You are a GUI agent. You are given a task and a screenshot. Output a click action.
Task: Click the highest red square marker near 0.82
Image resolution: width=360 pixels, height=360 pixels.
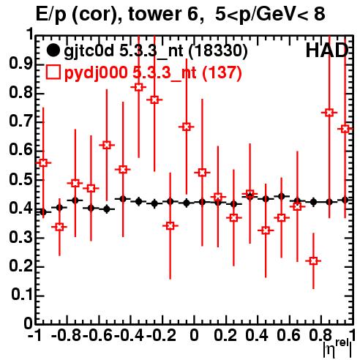tap(138, 87)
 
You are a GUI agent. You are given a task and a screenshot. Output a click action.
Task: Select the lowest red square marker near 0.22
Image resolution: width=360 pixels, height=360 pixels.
tap(313, 260)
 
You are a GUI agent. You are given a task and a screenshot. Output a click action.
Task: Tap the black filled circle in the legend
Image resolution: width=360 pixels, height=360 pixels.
tap(53, 50)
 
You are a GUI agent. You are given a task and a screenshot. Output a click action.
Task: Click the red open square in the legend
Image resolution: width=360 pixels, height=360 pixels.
tap(53, 72)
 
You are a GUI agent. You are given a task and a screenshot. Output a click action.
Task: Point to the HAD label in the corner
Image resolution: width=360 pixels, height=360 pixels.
tap(327, 50)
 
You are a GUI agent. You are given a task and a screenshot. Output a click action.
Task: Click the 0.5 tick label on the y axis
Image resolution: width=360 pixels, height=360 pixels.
tap(21, 180)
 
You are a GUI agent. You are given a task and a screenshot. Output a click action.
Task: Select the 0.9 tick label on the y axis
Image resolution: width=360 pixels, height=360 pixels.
tap(21, 64)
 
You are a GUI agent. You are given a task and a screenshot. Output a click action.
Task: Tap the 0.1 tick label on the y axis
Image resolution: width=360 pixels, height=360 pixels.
tap(22, 296)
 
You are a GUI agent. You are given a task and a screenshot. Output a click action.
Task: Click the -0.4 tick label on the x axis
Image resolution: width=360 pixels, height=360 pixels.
tap(130, 336)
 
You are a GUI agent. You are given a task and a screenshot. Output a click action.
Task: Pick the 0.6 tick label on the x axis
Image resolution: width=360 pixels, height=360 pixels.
tap(289, 336)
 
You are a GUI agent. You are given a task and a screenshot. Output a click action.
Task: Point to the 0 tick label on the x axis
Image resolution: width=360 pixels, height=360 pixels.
tap(194, 336)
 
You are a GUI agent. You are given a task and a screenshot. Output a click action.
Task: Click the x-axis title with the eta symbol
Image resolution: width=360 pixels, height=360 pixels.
tap(337, 348)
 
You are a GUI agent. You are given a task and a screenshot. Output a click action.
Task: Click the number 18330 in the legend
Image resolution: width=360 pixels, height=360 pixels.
tap(218, 51)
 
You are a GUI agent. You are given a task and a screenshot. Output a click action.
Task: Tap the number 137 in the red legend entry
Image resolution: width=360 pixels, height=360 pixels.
tap(222, 73)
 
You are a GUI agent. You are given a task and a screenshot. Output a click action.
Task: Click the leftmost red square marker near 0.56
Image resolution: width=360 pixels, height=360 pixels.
tap(43, 162)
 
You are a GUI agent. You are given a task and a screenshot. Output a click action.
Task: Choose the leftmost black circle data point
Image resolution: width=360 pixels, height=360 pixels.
tap(43, 212)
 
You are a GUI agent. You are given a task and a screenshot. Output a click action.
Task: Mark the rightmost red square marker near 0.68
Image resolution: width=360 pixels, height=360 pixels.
tap(345, 129)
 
